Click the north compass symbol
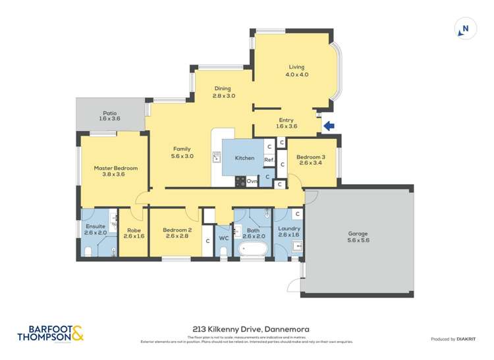(x=466, y=29)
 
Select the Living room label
(x=296, y=70)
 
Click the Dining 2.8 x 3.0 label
(x=224, y=92)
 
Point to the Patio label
(x=109, y=115)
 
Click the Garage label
(x=358, y=237)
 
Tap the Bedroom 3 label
(x=311, y=161)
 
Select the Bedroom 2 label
(x=178, y=233)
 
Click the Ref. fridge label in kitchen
(x=269, y=160)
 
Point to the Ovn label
(x=252, y=180)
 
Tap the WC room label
(x=223, y=238)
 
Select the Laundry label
(x=289, y=232)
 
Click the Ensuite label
(x=96, y=229)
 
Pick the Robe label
(x=134, y=233)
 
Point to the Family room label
(x=182, y=153)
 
